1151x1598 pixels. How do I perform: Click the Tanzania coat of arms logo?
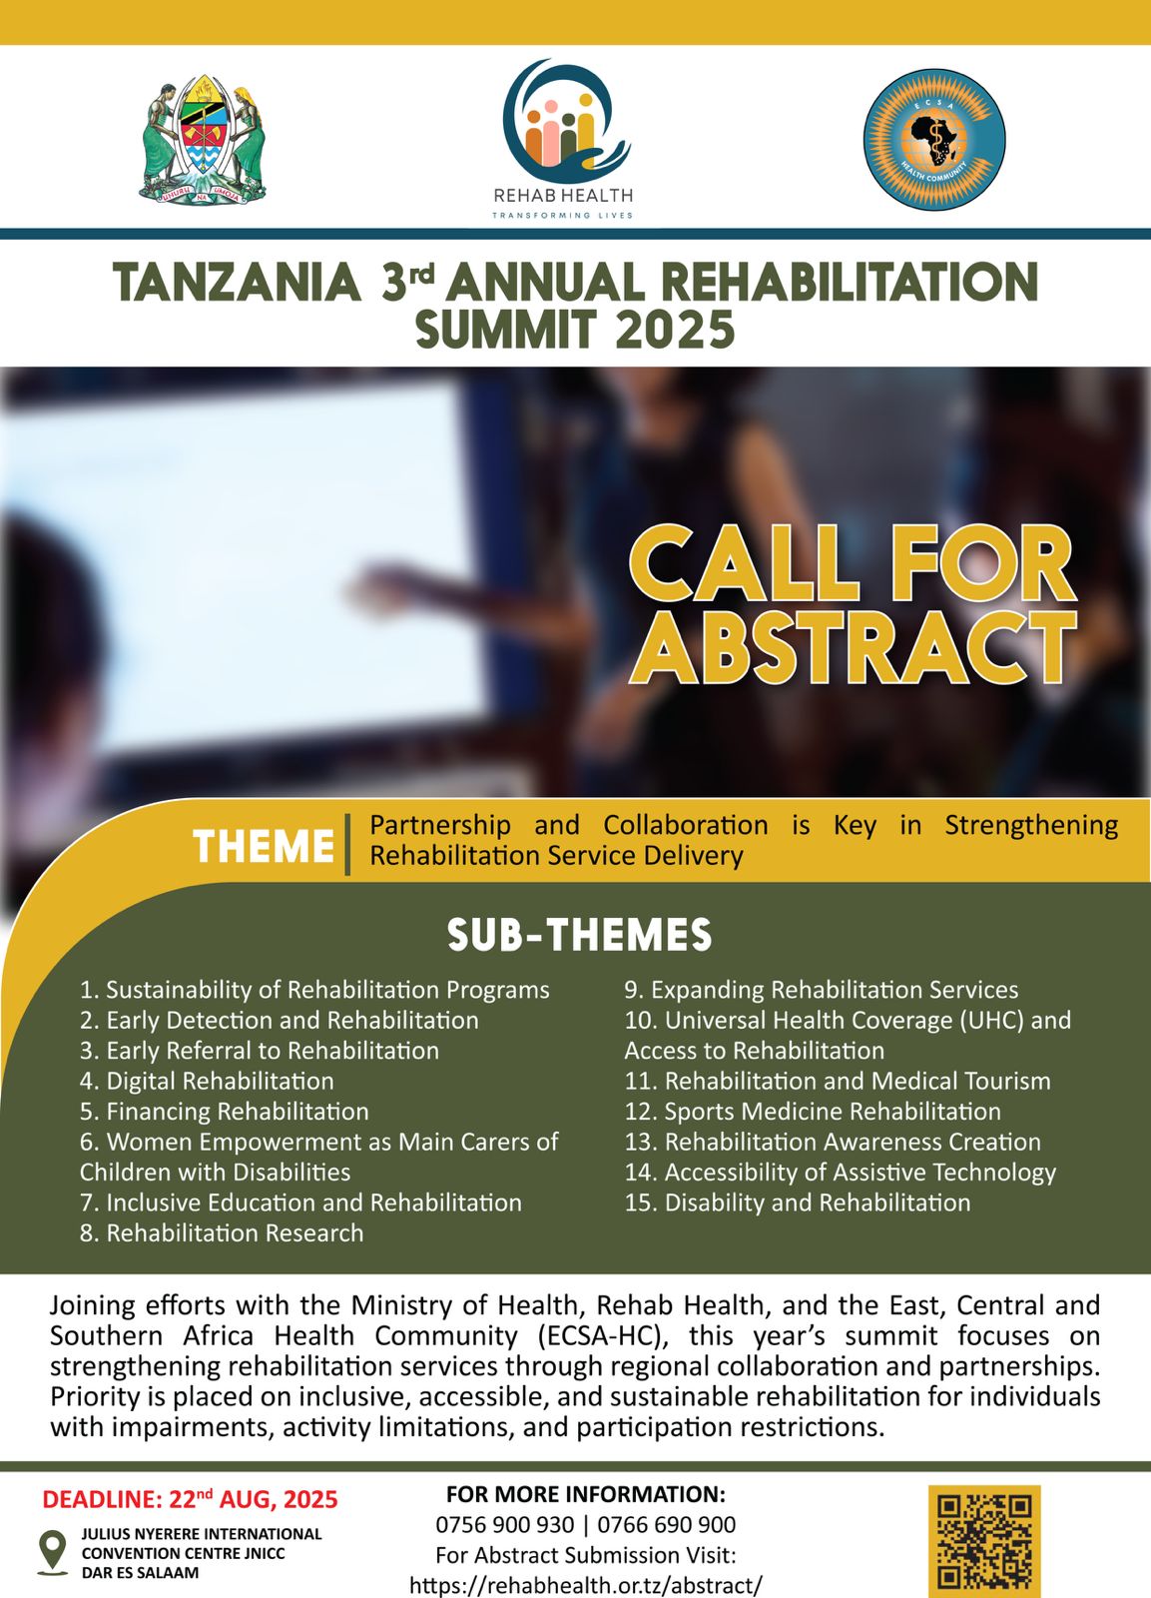tap(203, 139)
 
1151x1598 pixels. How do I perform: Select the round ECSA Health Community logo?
tap(934, 140)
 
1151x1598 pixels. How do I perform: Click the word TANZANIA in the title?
tap(237, 282)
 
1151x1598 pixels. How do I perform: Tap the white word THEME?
tap(264, 846)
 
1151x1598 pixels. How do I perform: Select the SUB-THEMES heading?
tap(579, 935)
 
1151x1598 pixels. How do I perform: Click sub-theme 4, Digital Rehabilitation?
tap(207, 1081)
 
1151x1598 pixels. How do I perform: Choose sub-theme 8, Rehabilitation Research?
tap(222, 1232)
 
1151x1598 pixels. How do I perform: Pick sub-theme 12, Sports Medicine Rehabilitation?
tap(813, 1112)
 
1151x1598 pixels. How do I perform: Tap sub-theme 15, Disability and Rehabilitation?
tap(798, 1202)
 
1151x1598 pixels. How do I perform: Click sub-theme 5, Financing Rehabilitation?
tap(225, 1112)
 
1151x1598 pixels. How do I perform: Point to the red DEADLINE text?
tap(191, 1499)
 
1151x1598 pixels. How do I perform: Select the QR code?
tap(984, 1542)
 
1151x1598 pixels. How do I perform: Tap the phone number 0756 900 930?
tap(505, 1524)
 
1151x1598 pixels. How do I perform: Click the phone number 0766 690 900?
tap(667, 1524)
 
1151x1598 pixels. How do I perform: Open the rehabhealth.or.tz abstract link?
tap(586, 1585)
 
